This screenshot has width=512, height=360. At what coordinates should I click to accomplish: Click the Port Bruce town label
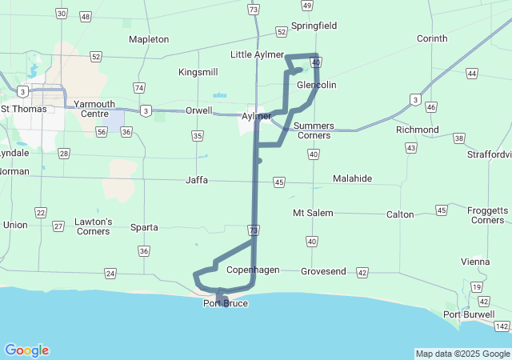226,303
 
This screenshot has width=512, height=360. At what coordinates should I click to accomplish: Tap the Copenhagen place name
253,270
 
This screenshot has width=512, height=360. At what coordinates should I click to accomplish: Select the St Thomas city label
23,108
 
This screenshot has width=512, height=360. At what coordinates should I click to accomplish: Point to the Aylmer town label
256,116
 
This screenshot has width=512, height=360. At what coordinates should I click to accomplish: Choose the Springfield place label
314,26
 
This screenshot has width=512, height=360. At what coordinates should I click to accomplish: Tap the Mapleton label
149,39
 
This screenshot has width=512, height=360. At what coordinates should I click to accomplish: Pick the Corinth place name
433,38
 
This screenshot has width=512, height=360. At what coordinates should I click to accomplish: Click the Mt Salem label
312,213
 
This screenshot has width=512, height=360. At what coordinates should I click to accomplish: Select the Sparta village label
144,227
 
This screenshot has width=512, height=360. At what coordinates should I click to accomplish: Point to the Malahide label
352,178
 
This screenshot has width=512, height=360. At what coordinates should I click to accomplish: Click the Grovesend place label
323,271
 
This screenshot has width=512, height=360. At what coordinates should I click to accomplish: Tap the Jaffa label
197,180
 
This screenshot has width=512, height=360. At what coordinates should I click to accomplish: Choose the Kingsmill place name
198,72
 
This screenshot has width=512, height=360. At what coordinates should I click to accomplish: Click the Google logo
27,350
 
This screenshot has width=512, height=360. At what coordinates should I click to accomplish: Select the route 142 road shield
502,326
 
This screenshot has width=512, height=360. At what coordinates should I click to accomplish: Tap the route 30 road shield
62,14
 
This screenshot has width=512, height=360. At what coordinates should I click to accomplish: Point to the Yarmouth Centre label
94,109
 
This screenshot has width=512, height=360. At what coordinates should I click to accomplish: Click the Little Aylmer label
257,54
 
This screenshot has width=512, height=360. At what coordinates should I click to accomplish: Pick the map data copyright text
462,354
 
